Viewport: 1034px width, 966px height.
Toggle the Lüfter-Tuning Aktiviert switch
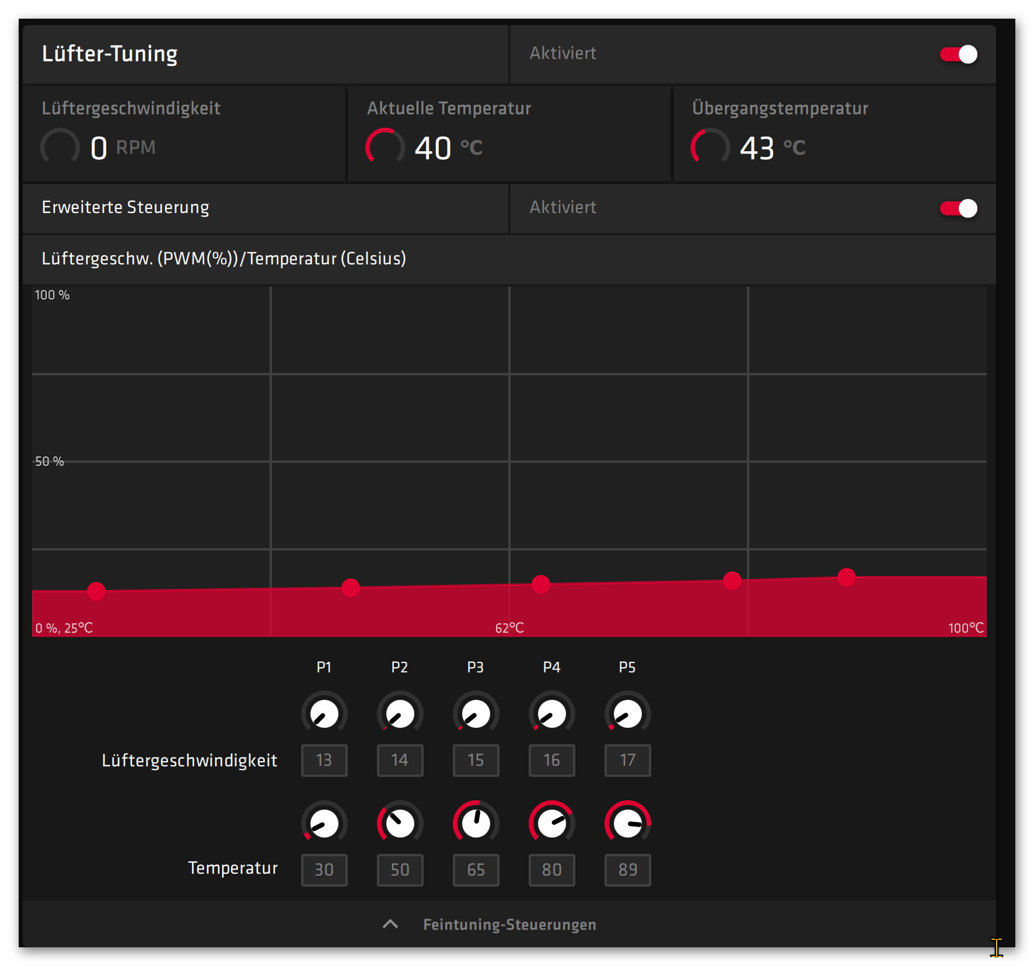[958, 54]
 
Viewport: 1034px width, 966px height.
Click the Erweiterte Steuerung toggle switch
[958, 208]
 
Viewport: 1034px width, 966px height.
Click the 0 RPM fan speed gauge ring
[60, 147]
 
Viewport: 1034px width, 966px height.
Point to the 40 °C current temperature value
[432, 148]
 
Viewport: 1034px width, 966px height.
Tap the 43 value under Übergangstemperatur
[757, 148]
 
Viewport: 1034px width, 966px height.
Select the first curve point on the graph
[96, 591]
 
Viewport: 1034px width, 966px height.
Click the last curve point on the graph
[846, 577]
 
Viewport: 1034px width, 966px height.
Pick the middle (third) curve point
[541, 584]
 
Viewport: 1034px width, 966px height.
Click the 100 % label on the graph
[52, 295]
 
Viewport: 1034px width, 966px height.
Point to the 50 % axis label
[50, 462]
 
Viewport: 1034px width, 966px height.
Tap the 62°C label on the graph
[509, 628]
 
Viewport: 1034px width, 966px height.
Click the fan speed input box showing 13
[324, 760]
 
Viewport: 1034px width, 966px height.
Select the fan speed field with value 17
[627, 760]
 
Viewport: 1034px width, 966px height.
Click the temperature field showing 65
[476, 870]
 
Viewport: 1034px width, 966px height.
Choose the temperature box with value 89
[627, 870]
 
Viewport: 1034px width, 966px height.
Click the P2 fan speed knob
[400, 713]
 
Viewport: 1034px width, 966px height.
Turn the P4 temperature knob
[551, 823]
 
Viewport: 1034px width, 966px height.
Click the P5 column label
[627, 667]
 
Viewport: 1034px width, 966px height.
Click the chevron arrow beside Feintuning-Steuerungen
[390, 924]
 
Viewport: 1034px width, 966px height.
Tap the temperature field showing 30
[324, 870]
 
